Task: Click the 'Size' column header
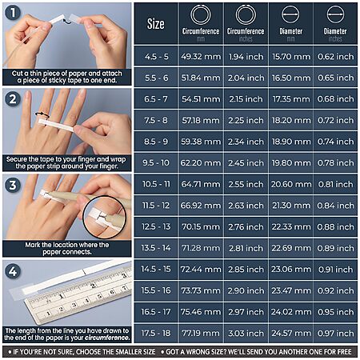click(x=156, y=24)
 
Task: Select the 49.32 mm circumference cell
click(x=201, y=57)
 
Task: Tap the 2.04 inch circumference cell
click(x=246, y=78)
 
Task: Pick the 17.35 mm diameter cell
click(x=291, y=99)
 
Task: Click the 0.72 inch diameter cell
click(x=335, y=120)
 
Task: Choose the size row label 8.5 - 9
click(x=156, y=142)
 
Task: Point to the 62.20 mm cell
click(x=201, y=163)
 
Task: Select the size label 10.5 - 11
click(x=156, y=184)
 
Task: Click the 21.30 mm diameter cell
click(x=291, y=206)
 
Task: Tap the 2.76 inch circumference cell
click(x=246, y=227)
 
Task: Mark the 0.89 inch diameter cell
click(x=335, y=248)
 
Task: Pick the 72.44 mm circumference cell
click(x=201, y=270)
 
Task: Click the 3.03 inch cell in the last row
click(x=246, y=334)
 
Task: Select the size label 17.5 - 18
click(x=156, y=334)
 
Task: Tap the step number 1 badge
click(x=13, y=13)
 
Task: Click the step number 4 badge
click(x=13, y=271)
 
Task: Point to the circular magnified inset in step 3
click(x=105, y=218)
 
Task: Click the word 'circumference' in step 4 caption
click(x=107, y=338)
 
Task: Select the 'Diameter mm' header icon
click(x=290, y=14)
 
